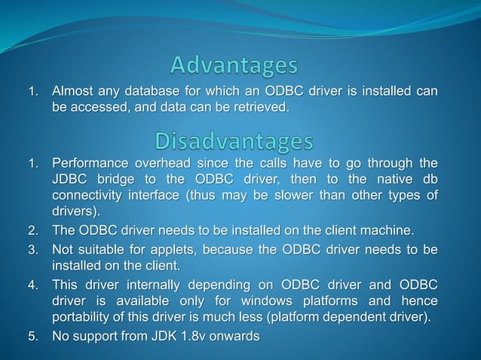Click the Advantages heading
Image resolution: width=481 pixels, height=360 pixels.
[x=234, y=66]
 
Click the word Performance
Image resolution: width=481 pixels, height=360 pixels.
[x=90, y=163]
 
